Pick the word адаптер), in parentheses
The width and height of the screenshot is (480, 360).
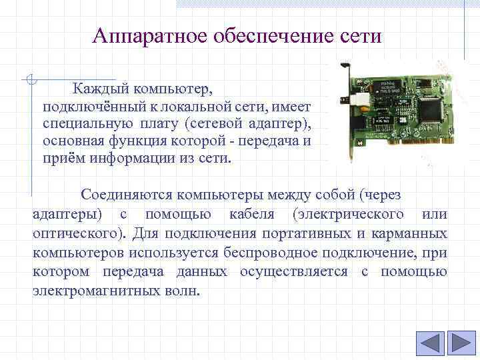pyautogui.click(x=280, y=124)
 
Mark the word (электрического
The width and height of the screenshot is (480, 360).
pyautogui.click(x=347, y=214)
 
